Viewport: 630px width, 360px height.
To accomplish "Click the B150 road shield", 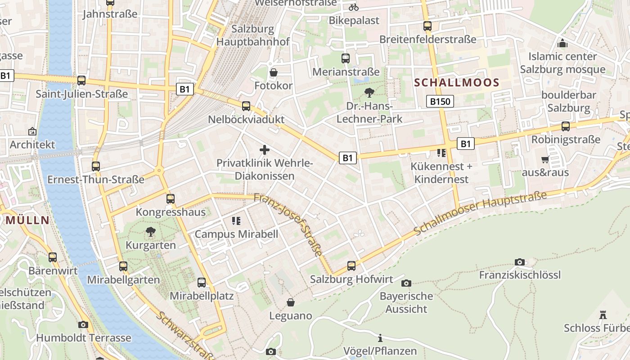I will point(440,102).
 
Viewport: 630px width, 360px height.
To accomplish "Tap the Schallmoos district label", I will point(457,83).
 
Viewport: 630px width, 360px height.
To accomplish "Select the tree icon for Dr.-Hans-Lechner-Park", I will point(369,93).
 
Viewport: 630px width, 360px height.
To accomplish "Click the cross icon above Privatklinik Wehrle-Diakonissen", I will point(265,149).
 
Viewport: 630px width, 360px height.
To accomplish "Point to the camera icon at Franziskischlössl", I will point(520,262).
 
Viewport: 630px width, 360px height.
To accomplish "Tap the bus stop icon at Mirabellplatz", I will point(202,283).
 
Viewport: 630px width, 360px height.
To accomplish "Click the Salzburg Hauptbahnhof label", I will point(253,36).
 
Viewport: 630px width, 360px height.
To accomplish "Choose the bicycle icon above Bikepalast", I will point(354,7).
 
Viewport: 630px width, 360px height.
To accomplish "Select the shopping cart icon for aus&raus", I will point(545,159).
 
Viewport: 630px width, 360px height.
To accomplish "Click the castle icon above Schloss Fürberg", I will point(603,315).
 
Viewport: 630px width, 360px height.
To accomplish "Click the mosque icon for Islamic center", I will point(562,44).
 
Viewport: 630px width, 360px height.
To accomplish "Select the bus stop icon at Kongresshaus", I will point(171,198).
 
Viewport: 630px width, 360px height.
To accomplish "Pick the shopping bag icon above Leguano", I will point(291,302).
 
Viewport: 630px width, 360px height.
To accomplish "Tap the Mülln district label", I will point(27,220).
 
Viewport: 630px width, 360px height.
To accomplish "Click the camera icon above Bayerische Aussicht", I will point(406,283).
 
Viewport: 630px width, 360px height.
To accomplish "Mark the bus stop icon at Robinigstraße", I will point(566,126).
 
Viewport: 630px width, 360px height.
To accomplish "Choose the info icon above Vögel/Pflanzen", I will point(380,338).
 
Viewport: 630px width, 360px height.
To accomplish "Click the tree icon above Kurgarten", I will point(150,232).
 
